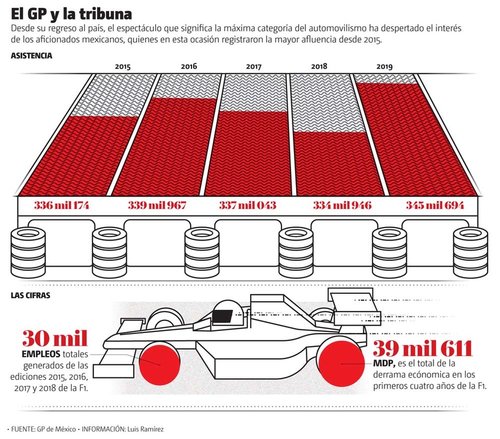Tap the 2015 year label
tap(123, 67)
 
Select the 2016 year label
tap(189, 66)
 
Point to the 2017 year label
tap(254, 66)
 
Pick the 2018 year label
tap(319, 66)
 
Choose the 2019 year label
tap(384, 67)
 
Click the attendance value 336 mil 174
tap(62, 205)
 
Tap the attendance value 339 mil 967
tap(157, 205)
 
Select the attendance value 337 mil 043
tap(247, 205)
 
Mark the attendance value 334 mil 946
tap(342, 205)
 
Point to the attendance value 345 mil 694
tap(435, 205)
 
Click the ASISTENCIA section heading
tap(31, 55)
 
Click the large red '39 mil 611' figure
tap(422, 348)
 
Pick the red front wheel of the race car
tap(157, 363)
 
